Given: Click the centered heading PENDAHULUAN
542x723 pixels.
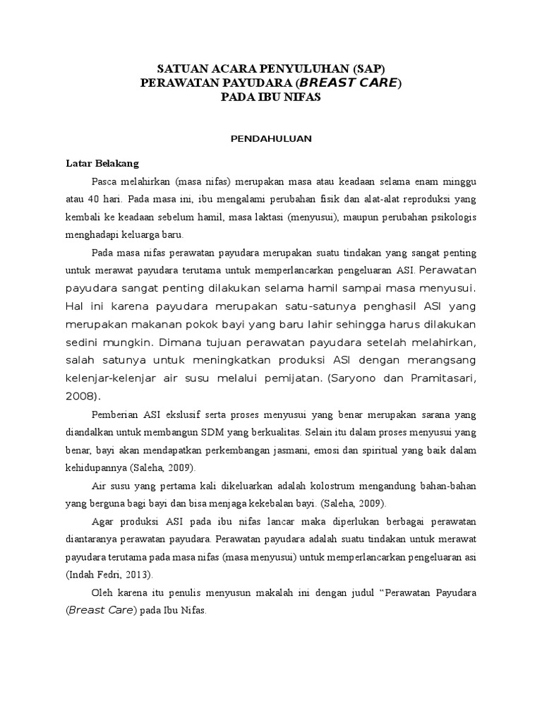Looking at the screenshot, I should click(x=271, y=139).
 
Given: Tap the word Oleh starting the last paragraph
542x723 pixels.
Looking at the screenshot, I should click(x=104, y=592).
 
